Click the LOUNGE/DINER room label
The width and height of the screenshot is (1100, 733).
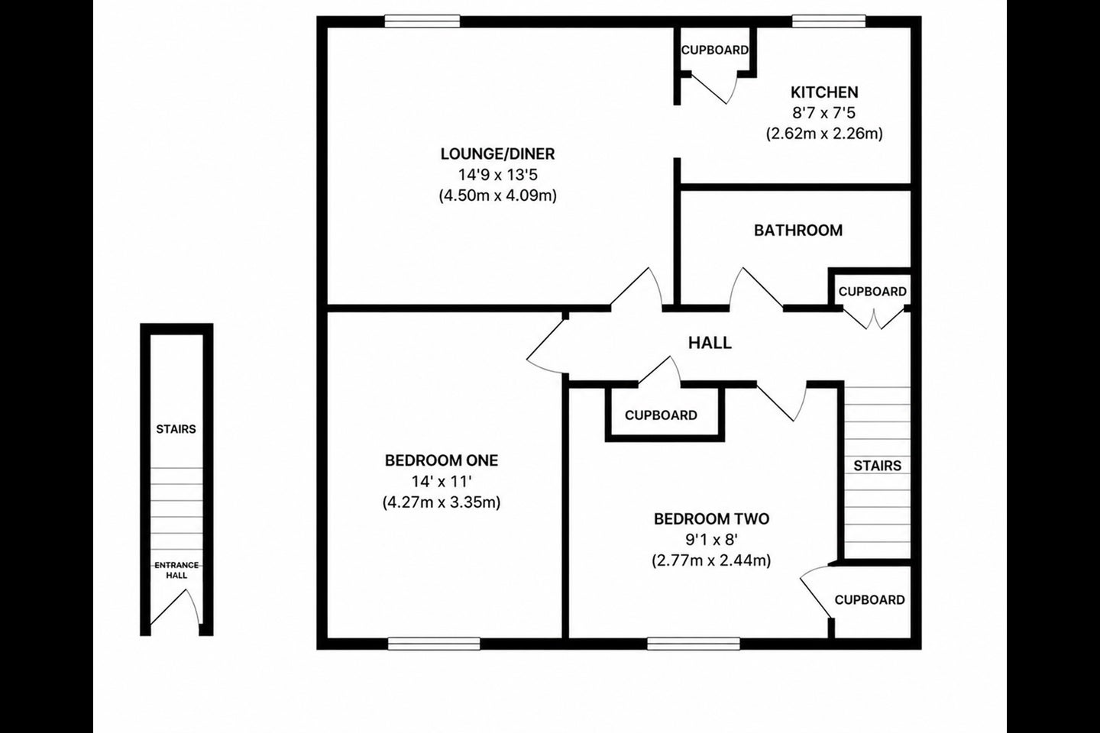(497, 153)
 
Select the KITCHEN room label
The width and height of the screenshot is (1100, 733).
(824, 92)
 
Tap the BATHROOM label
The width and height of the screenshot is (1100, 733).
(798, 231)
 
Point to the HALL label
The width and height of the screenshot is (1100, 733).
(710, 343)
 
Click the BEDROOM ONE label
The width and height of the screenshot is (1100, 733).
(442, 460)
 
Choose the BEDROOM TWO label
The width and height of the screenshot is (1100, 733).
(712, 519)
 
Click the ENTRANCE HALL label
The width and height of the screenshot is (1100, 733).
(176, 570)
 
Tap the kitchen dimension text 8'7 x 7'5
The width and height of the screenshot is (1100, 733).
(824, 113)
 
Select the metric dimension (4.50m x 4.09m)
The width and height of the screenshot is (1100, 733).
(497, 196)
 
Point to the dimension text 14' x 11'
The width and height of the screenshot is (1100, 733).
(442, 482)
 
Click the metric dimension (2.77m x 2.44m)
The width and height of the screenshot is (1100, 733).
(711, 560)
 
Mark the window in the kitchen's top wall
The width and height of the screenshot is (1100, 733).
(829, 21)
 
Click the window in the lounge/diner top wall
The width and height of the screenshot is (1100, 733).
(422, 21)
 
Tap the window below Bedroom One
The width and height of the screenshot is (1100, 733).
(434, 644)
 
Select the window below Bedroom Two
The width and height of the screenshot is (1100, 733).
(694, 644)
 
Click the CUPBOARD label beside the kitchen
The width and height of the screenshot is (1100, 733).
(714, 50)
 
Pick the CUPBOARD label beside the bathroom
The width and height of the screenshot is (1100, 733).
(872, 292)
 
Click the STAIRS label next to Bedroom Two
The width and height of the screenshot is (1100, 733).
(877, 466)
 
